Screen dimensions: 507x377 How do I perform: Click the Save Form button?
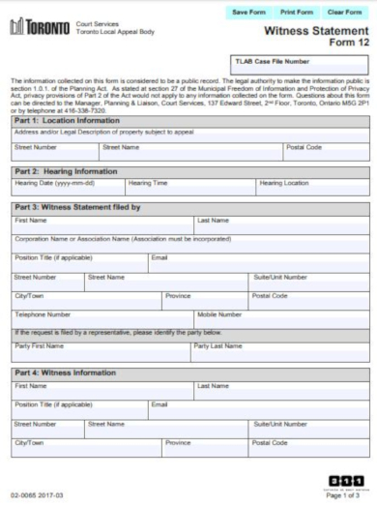(249, 13)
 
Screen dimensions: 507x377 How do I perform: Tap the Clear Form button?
(345, 13)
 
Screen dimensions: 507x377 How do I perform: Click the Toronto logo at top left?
(39, 29)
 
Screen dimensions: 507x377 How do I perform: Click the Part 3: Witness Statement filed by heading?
(77, 207)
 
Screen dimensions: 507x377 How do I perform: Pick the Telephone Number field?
(101, 320)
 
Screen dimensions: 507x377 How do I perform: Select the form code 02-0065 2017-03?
(37, 496)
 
